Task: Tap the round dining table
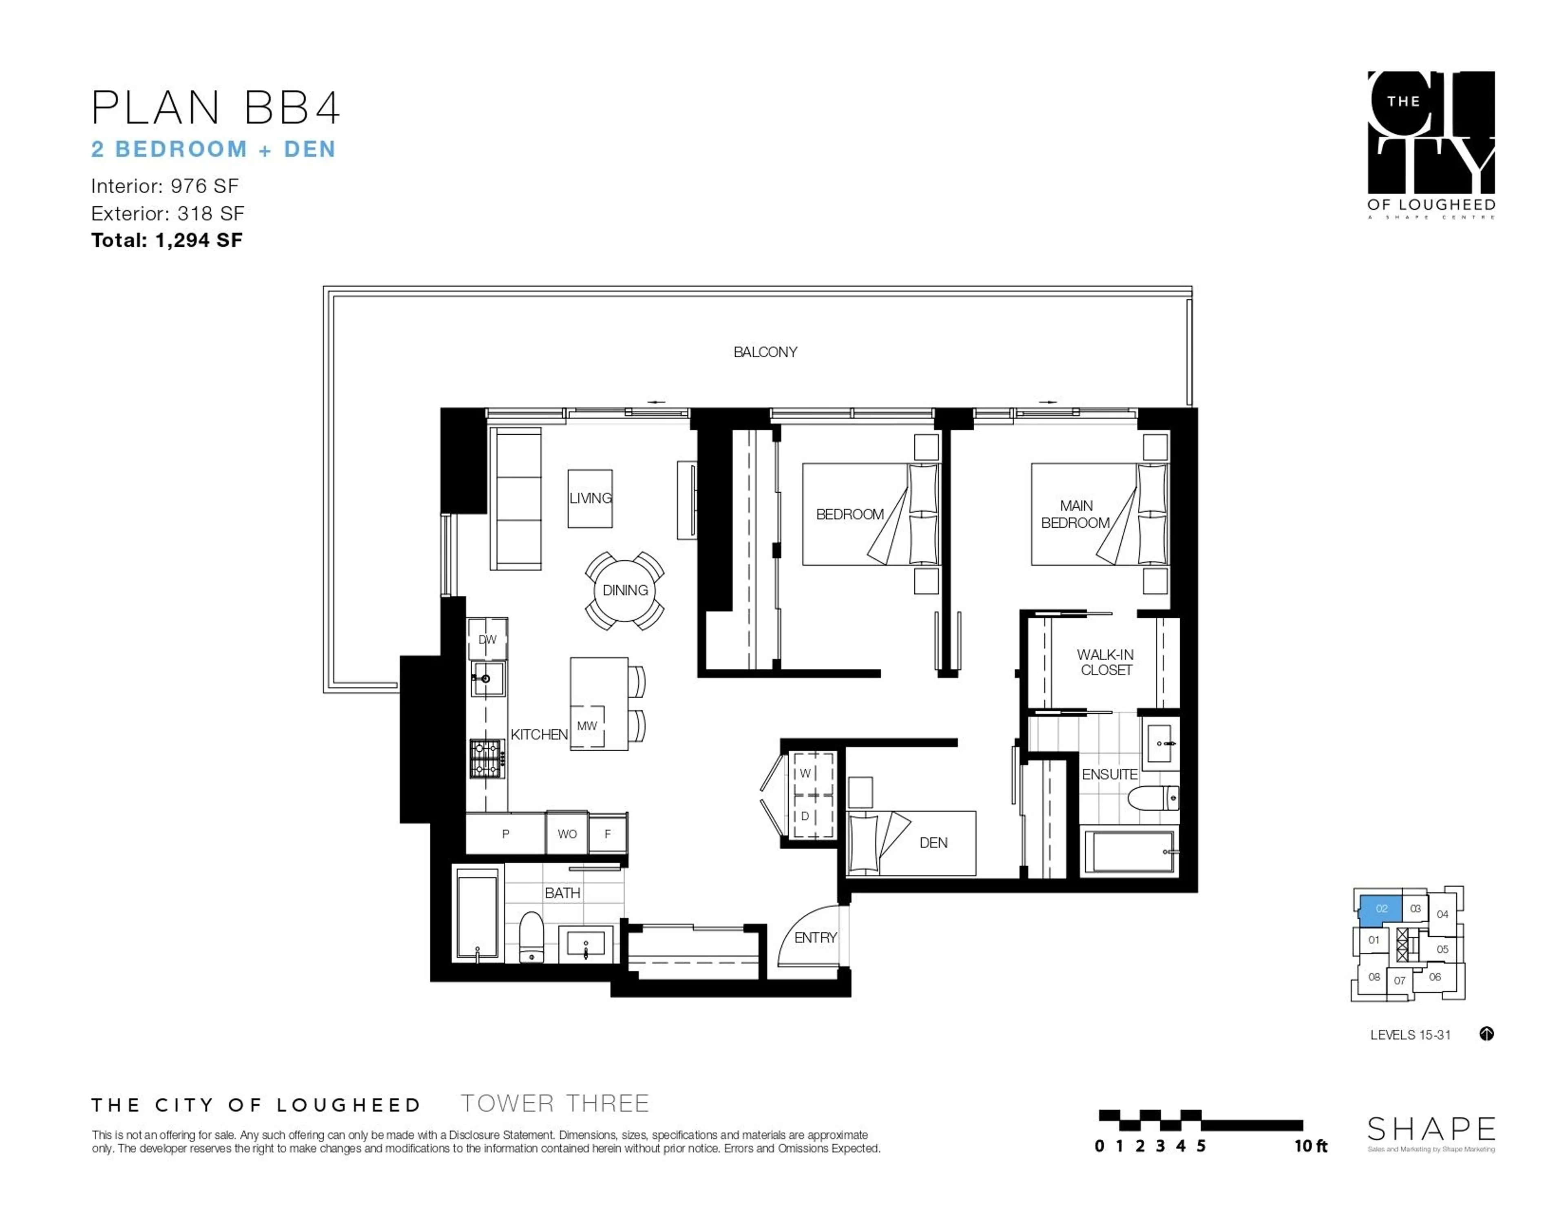[x=624, y=590]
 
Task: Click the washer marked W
[x=806, y=773]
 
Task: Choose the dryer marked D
[x=806, y=816]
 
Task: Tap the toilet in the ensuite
[x=1152, y=798]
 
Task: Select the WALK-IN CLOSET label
[x=1105, y=662]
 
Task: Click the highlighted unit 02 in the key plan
[x=1381, y=909]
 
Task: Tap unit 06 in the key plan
[x=1434, y=977]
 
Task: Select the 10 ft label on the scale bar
[x=1311, y=1146]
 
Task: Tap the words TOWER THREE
[x=554, y=1103]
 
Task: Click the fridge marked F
[x=607, y=834]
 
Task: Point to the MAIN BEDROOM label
[x=1075, y=514]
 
